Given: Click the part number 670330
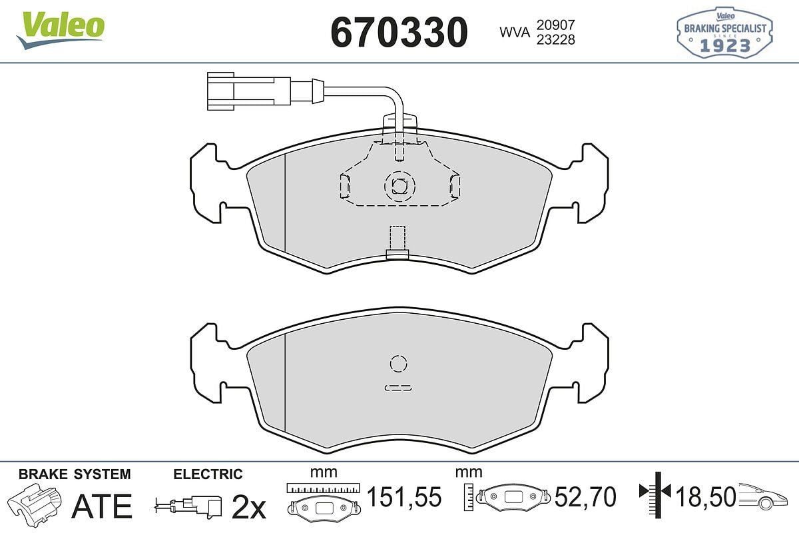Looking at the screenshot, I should pyautogui.click(x=400, y=31).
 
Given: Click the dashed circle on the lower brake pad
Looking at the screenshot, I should pyautogui.click(x=398, y=363).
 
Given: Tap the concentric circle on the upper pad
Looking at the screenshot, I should pyautogui.click(x=399, y=185).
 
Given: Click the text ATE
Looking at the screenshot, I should pyautogui.click(x=101, y=506).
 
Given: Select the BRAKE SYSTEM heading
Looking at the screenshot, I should pyautogui.click(x=75, y=474).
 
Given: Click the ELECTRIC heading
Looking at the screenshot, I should pyautogui.click(x=208, y=474).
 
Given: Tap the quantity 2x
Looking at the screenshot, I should pyautogui.click(x=248, y=508).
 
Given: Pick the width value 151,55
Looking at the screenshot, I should pyautogui.click(x=405, y=497).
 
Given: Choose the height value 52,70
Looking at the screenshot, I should pyautogui.click(x=586, y=497).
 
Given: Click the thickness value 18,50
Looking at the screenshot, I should pyautogui.click(x=706, y=497).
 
